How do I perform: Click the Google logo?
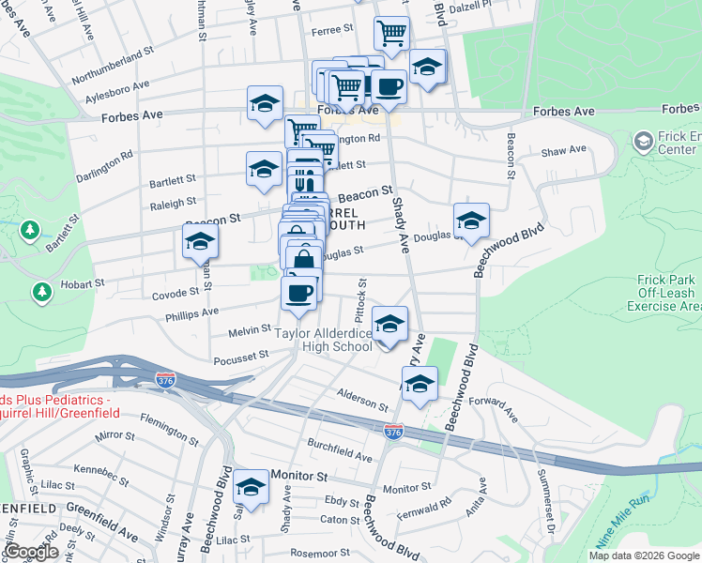coord(30,553)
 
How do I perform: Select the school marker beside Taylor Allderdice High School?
coord(390,327)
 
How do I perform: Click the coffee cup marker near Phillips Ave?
coord(298,294)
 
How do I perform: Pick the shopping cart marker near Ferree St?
coord(391,35)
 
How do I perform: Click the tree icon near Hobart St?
coord(41,292)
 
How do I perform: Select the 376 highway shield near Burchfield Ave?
coord(394,431)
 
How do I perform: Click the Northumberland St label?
coord(112,66)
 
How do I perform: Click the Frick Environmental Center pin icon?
coord(643,142)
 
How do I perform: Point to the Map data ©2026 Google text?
coord(643,555)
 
